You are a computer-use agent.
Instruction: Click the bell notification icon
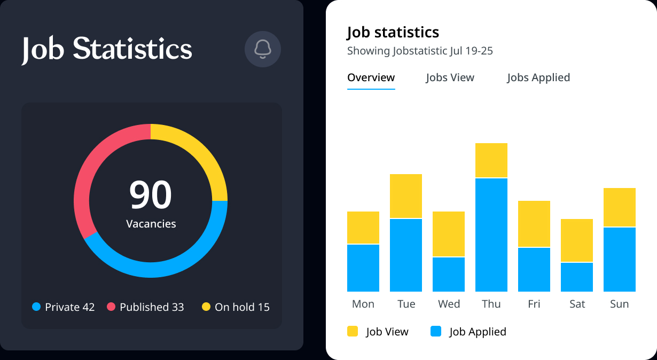coord(263,49)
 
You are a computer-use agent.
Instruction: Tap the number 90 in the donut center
coord(151,195)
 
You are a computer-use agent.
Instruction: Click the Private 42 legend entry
coord(64,307)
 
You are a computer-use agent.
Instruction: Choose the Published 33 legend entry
coord(145,307)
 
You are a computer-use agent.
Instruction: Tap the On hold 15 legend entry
coord(236,307)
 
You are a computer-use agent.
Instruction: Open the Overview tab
coord(371,77)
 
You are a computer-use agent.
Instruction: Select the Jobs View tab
coord(450,77)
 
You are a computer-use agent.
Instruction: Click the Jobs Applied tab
coord(538,77)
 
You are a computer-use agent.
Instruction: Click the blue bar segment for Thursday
coord(491,234)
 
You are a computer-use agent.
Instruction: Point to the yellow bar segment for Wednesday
coord(449,234)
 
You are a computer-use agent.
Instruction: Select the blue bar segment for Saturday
coord(577,277)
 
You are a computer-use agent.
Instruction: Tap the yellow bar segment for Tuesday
coord(406,196)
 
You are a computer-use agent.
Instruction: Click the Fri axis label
coord(534,304)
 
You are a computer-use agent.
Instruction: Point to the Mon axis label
coord(363,304)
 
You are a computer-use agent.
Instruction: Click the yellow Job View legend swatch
coord(353,332)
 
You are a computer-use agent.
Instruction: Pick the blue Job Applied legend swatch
coord(436,332)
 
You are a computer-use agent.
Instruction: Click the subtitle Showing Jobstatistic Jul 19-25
coord(420,51)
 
